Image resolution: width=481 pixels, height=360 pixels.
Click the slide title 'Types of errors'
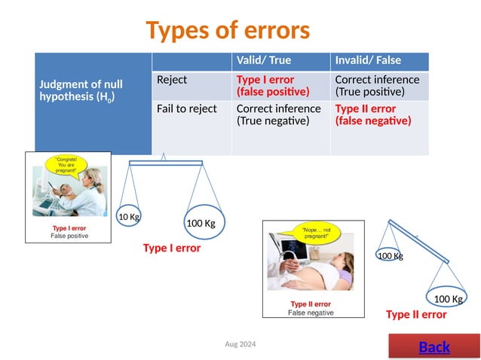[x=228, y=31]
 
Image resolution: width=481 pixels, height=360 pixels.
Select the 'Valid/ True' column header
[x=263, y=61]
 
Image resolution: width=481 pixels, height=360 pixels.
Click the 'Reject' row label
[x=172, y=80]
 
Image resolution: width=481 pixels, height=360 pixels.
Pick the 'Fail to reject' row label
[x=186, y=109]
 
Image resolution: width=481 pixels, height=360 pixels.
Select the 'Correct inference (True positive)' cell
[x=376, y=86]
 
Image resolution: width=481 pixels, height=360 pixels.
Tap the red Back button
[x=434, y=347]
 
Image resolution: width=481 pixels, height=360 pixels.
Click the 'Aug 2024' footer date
[x=240, y=344]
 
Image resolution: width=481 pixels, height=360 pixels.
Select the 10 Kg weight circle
[x=128, y=218]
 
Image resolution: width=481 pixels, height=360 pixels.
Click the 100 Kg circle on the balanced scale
[x=201, y=222]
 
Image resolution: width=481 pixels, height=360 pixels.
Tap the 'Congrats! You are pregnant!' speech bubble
[x=67, y=165]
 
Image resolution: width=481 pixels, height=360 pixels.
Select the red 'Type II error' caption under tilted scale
[x=416, y=315]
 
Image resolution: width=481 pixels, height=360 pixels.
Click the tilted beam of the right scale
[x=418, y=241]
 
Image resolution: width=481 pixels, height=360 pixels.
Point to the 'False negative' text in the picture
[x=311, y=313]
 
